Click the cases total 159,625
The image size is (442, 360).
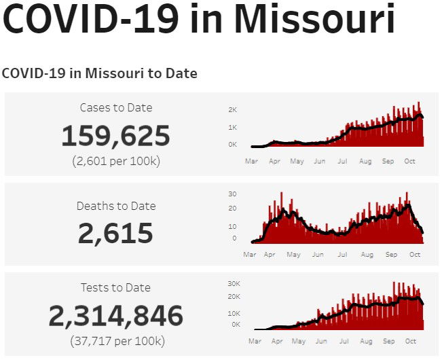coord(115,136)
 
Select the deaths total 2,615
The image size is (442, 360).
coord(115,234)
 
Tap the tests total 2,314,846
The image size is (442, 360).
coord(115,316)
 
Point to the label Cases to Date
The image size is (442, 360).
coord(115,107)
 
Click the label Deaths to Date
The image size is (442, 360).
coord(115,206)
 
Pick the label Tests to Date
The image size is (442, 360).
coord(115,287)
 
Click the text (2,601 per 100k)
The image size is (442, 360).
coord(115,162)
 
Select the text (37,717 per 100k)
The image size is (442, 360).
coord(115,340)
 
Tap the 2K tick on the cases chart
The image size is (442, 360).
coord(232,109)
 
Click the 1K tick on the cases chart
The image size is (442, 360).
coord(232,127)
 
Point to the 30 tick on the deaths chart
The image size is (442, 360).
coord(232,194)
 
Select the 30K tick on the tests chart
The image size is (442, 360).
coord(234,283)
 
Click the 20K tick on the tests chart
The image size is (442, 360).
coord(234,296)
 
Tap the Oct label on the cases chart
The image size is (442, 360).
coord(409,162)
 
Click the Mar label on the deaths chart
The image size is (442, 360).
coord(251,255)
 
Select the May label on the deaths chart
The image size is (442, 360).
coord(293,255)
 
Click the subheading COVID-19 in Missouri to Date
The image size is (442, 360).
coord(99,73)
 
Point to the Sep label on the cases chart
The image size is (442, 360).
coord(388,162)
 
